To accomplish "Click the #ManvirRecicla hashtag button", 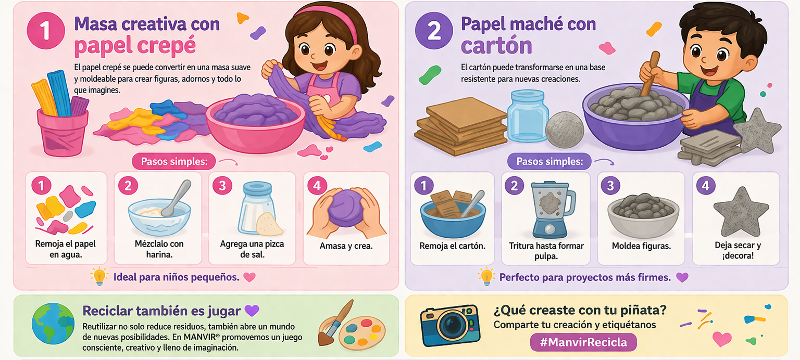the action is click(583, 342).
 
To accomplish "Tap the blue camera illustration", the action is click(451, 325).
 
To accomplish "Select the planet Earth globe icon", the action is click(53, 323).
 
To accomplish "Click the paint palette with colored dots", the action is click(361, 333).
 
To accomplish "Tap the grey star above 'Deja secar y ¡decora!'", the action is click(741, 212).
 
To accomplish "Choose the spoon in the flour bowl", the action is click(177, 198).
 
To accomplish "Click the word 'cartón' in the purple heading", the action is click(496, 46).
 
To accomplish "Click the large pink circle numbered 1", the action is click(46, 30).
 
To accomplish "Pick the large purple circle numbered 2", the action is click(433, 30).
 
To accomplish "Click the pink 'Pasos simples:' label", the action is click(174, 162).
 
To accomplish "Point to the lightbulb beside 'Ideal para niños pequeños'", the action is click(99, 276).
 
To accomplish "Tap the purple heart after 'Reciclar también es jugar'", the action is click(252, 311).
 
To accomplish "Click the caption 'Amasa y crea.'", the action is click(346, 246).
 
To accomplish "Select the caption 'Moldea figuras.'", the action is click(642, 246).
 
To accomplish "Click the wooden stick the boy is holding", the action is click(650, 74).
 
